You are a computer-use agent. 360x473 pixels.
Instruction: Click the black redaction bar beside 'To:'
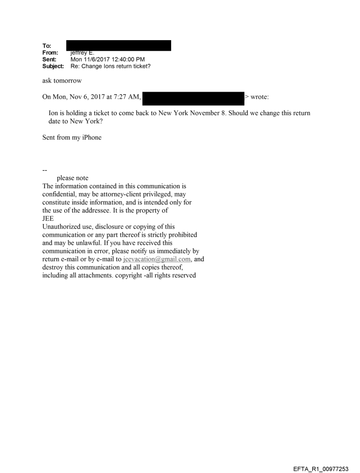click(x=118, y=45)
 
